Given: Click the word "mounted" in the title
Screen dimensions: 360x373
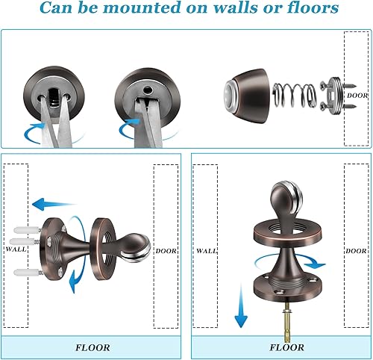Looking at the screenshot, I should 145,10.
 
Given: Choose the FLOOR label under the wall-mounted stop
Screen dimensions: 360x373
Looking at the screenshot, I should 93,347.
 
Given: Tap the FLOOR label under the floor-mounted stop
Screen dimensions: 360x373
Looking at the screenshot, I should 286,347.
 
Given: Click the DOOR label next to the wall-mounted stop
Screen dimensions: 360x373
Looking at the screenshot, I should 166,251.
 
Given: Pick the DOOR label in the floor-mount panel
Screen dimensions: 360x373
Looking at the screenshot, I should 355,251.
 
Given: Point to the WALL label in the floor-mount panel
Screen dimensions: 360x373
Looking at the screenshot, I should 207,251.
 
